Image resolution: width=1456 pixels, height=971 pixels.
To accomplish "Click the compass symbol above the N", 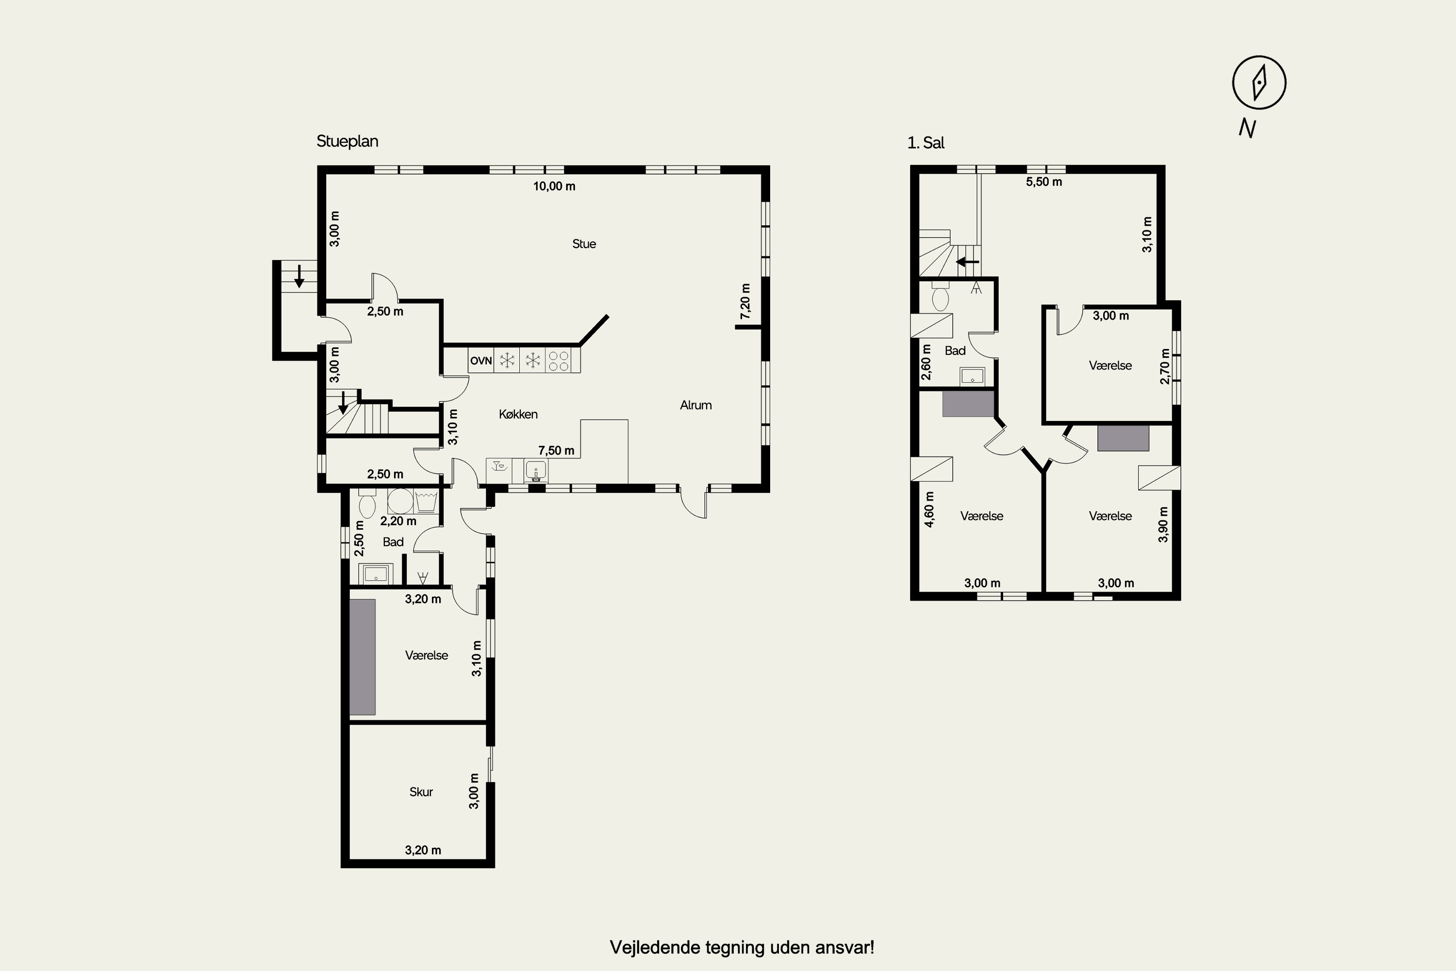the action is [1258, 83].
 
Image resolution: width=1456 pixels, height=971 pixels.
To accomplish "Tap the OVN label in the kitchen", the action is [480, 360].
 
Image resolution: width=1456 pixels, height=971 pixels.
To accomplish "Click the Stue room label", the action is [584, 244].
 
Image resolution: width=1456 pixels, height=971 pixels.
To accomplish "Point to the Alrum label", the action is [696, 405].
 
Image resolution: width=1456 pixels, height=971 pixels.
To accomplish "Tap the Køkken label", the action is [518, 414].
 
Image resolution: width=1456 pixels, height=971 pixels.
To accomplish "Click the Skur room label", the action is [421, 791].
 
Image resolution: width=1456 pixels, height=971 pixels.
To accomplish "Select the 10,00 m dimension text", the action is [554, 186].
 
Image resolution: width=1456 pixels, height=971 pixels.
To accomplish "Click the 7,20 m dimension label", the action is [745, 301].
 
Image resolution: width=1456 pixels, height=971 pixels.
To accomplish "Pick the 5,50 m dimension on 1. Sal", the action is [1044, 182].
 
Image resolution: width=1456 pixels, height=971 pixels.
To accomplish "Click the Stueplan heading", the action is [347, 141].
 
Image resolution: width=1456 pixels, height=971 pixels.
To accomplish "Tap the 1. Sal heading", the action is [926, 143].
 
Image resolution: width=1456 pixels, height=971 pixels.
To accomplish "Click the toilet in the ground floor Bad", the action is [367, 504].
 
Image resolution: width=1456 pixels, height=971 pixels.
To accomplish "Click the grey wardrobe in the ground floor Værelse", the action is [362, 657].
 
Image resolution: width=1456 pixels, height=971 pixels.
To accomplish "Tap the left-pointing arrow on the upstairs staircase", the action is [968, 262].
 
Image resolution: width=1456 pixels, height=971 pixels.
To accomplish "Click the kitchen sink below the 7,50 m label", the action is [535, 470].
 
